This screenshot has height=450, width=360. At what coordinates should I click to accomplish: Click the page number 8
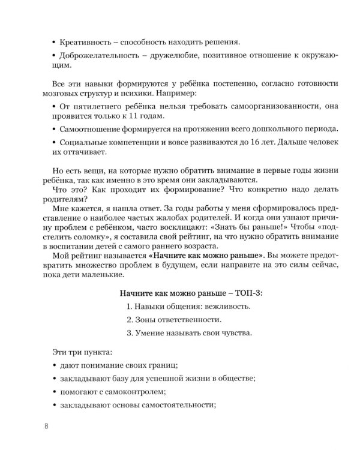(x=47, y=427)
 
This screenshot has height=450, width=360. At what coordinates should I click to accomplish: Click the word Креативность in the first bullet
(x=85, y=42)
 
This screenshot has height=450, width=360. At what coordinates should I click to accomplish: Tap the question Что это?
(x=58, y=191)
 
